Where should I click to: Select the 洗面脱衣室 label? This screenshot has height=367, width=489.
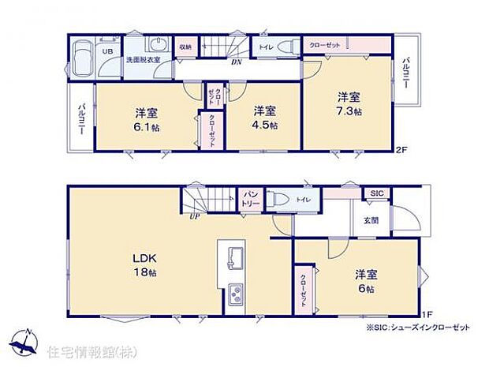point(144,60)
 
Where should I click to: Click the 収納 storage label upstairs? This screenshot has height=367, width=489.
point(185,47)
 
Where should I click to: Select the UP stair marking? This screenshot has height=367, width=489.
point(192,217)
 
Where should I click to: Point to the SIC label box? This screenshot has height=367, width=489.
point(375,193)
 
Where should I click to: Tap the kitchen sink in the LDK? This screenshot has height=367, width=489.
point(237,257)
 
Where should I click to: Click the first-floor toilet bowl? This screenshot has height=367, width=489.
point(278,200)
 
